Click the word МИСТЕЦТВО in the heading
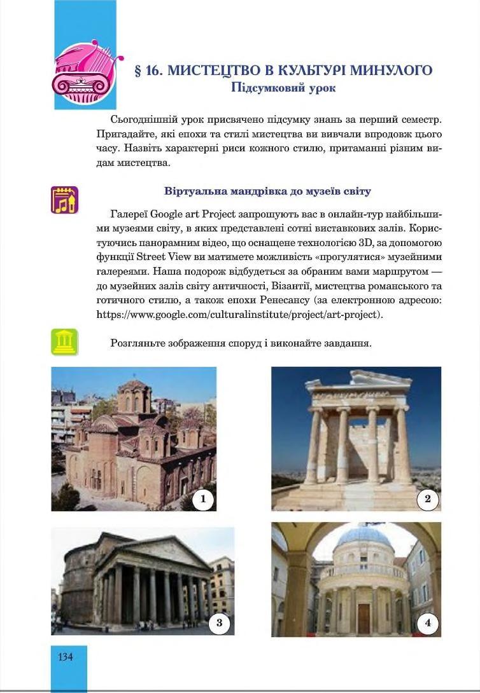click(207, 71)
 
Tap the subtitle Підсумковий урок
click(283, 88)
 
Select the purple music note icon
click(64, 200)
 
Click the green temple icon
click(64, 342)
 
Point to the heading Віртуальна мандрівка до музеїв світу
click(267, 191)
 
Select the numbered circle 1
click(203, 499)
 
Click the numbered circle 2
click(427, 499)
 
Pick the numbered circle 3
click(220, 623)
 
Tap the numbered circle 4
click(427, 623)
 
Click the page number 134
click(66, 657)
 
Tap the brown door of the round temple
click(364, 617)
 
